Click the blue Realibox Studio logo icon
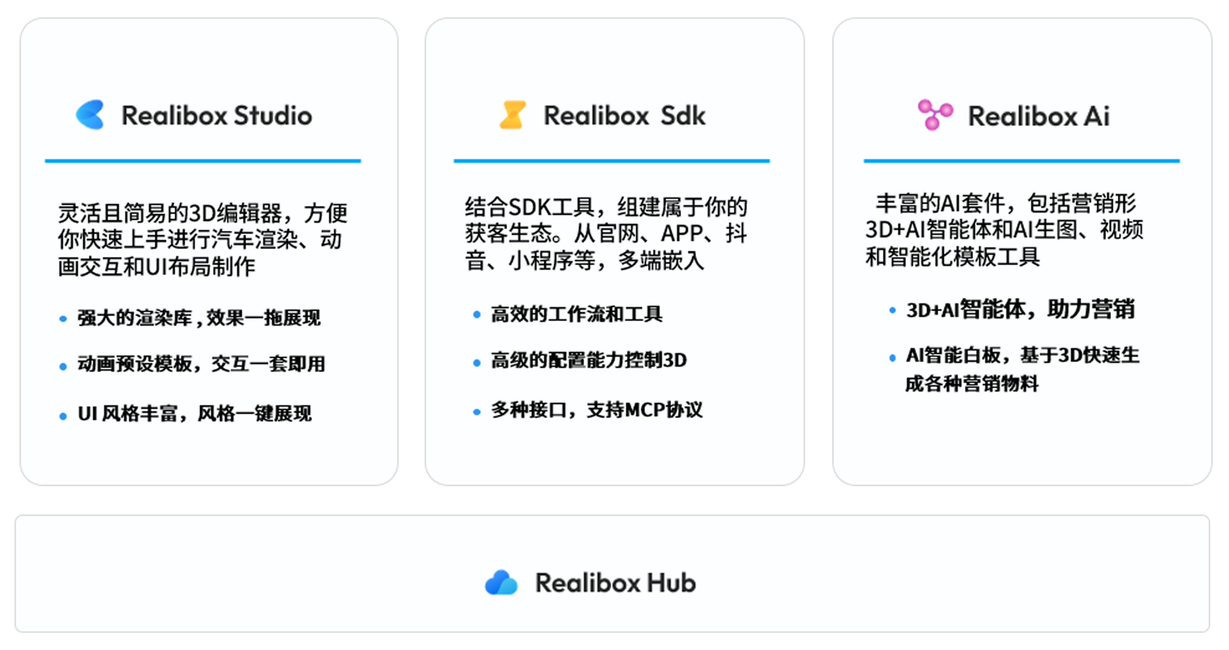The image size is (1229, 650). point(90,115)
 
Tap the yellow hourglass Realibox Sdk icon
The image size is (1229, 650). point(513,115)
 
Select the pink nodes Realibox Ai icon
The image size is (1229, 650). point(935,115)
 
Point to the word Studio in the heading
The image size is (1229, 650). point(273,116)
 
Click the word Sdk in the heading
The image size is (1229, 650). point(683,116)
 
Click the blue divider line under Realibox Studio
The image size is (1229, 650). point(203,161)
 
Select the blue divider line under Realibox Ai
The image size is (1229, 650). point(1021,161)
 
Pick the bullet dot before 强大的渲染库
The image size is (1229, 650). point(63,319)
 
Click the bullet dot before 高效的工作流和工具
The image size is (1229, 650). point(476,314)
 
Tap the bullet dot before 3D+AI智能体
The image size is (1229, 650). point(892,311)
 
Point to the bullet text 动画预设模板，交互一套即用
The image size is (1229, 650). point(201,364)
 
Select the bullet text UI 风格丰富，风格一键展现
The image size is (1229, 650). point(195,414)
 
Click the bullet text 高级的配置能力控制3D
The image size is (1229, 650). point(589,360)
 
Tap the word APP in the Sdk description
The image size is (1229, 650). point(682,234)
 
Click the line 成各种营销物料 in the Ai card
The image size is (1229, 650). point(972,384)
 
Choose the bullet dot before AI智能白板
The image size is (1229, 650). point(892,358)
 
